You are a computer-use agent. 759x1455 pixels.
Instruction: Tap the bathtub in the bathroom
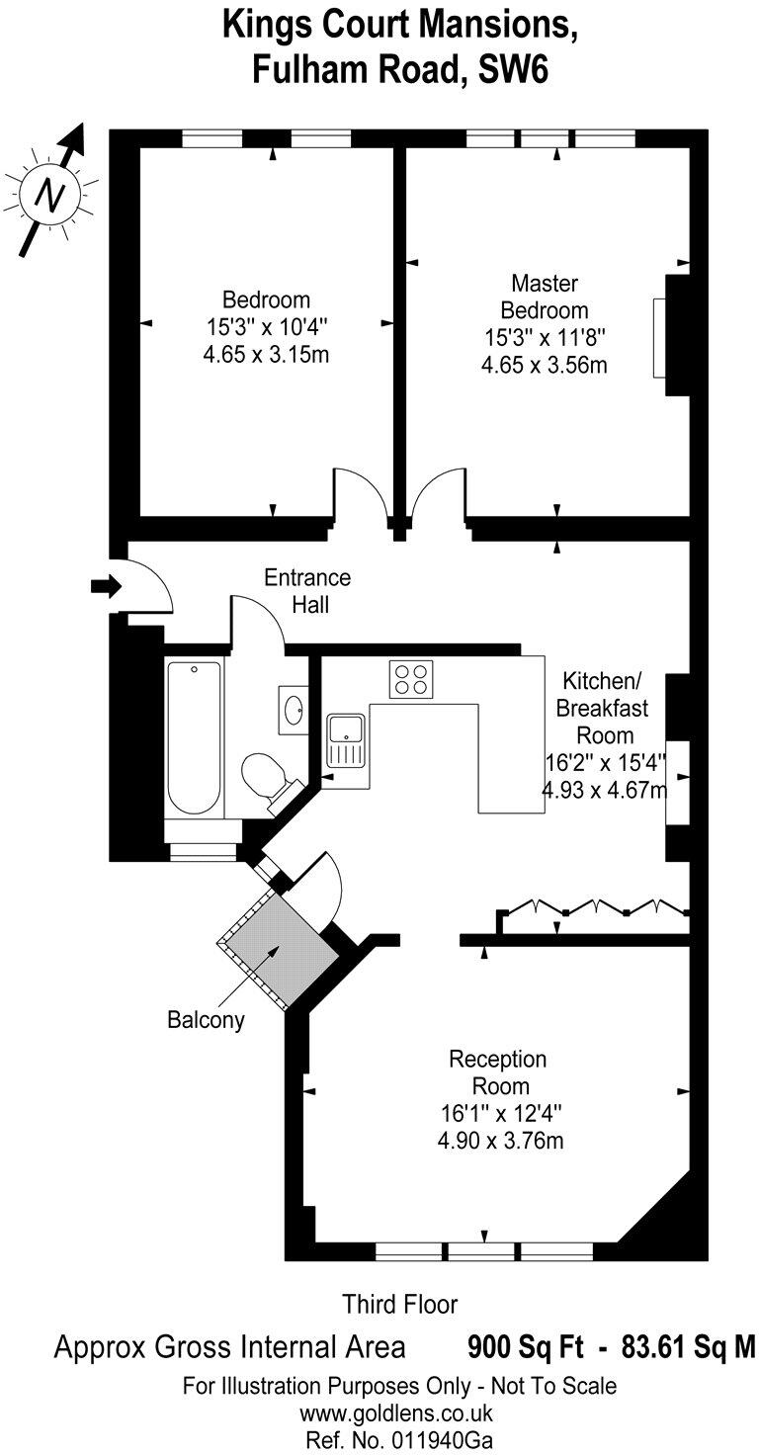(x=194, y=735)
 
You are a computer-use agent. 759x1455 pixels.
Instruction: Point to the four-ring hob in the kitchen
(x=411, y=678)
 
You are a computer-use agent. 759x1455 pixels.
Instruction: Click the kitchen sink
(x=347, y=739)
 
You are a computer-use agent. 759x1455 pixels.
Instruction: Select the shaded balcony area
(x=275, y=944)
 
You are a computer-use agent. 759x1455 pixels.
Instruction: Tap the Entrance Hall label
(x=306, y=590)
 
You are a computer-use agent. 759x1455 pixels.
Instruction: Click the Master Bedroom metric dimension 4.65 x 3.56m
(x=544, y=365)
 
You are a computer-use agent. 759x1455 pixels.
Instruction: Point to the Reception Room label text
(x=498, y=1072)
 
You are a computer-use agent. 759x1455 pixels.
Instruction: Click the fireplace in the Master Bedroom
(x=659, y=337)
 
